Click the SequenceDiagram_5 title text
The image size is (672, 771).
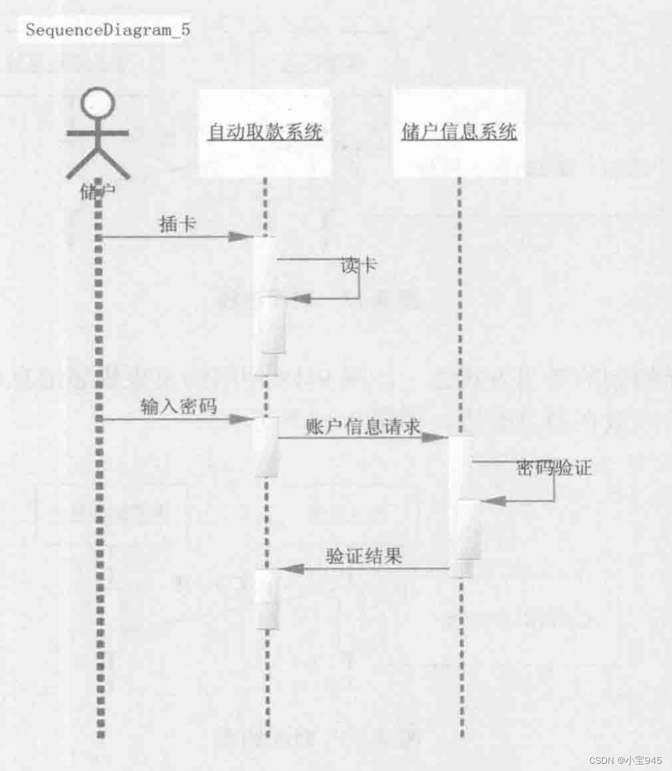point(108,30)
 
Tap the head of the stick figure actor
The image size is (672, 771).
point(97,104)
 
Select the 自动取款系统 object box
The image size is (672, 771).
point(265,133)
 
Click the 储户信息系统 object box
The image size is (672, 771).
point(459,133)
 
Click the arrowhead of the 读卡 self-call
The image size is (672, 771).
point(296,298)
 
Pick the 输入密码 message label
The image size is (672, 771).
point(178,407)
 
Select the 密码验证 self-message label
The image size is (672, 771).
point(554,468)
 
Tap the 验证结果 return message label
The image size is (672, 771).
point(364,555)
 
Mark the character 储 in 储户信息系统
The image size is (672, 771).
point(410,133)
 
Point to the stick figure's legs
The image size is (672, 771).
point(97,162)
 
